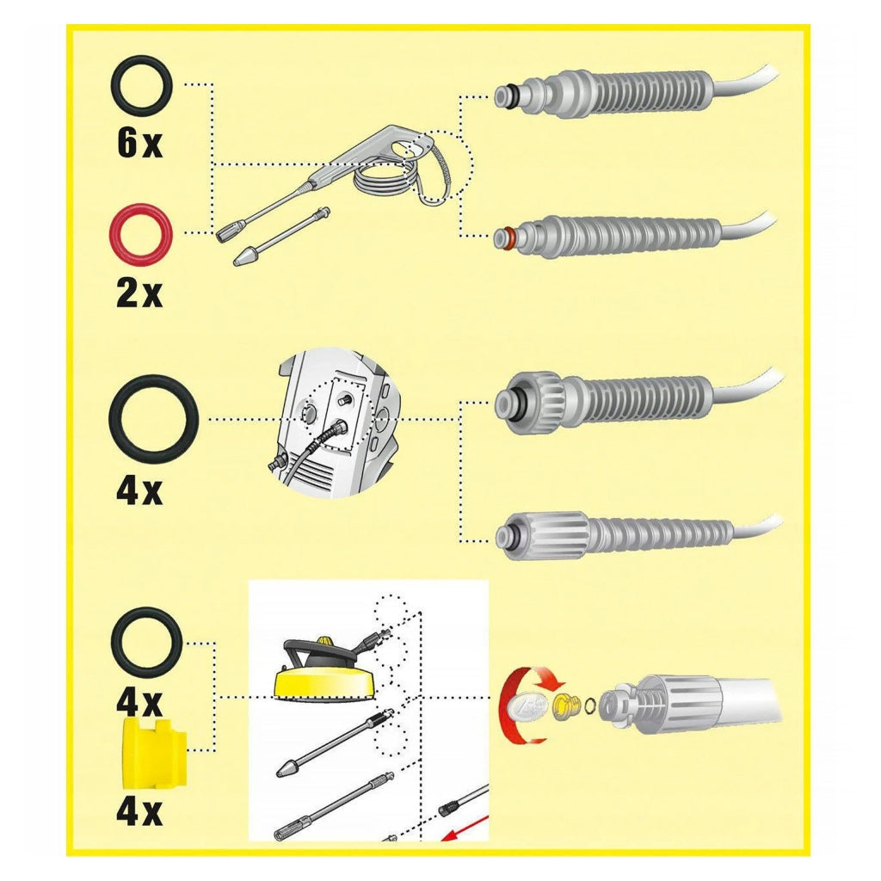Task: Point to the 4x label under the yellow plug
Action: click(x=139, y=811)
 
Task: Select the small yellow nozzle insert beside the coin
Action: click(x=566, y=706)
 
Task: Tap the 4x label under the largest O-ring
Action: click(x=139, y=490)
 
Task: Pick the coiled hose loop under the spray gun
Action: click(x=388, y=179)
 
